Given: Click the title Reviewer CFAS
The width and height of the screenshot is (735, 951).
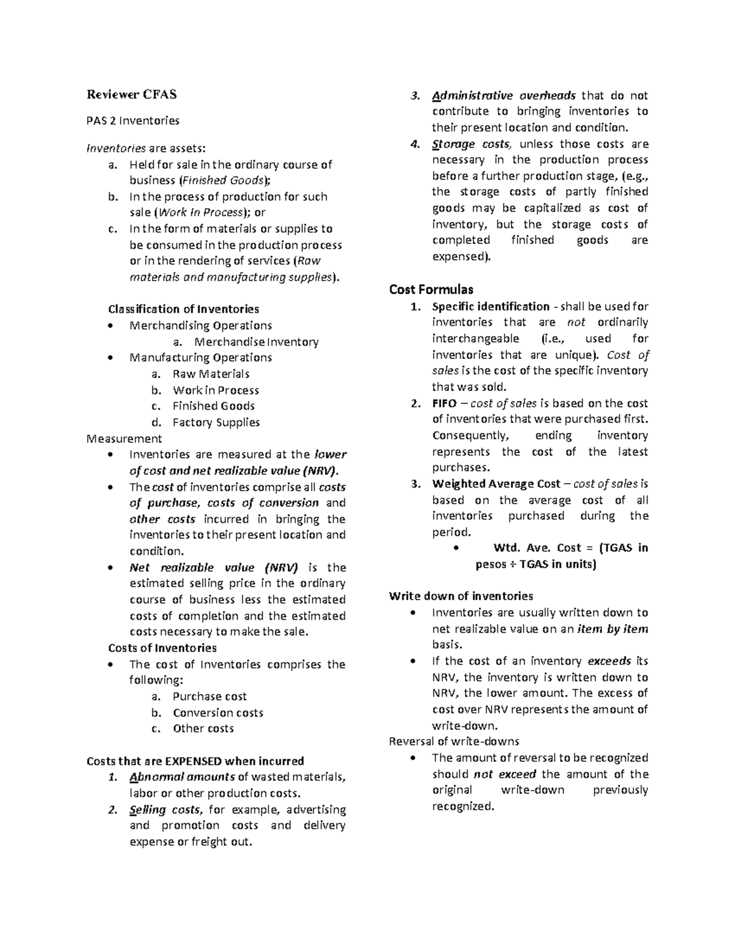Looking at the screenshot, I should pos(131,94).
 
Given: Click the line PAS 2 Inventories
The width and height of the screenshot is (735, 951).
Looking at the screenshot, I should pos(133,121).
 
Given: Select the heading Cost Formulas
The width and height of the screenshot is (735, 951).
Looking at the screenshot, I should pos(431,289).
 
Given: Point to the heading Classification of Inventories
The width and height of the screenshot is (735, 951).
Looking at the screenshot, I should pos(183,309).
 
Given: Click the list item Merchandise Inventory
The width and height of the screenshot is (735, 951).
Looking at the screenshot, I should pos(256,342).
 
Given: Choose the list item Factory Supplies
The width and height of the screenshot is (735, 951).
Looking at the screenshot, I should pos(216,422).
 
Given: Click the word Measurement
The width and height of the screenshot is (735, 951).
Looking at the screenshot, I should pos(124,438).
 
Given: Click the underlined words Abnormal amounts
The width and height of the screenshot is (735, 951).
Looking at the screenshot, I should pos(182,777).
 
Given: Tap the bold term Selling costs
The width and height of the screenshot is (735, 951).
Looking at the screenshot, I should pos(165,810).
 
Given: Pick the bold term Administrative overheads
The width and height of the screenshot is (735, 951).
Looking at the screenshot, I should pos(503,96).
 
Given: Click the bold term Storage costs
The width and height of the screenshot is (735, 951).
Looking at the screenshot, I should pos(471,144).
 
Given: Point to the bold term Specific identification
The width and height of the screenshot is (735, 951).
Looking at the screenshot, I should pos(491,306).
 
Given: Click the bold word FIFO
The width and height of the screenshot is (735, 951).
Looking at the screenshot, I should pos(444,403).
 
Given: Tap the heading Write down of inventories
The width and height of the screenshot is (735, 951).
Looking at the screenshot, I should pos(461,596).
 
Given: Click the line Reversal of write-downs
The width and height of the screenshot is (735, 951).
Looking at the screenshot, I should pos(454,742).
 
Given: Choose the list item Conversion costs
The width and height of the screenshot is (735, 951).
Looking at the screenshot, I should pos(217,713).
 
